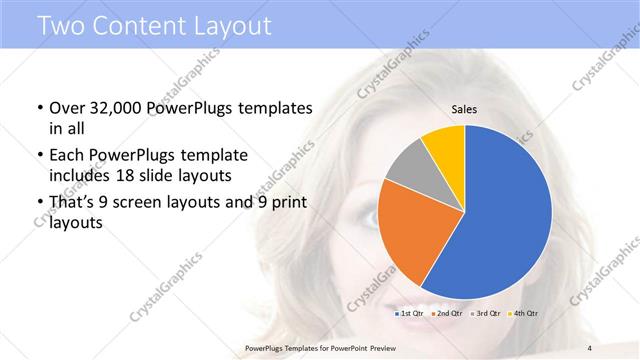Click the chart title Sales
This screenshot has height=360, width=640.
click(464, 109)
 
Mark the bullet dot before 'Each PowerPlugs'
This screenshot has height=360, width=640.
click(38, 156)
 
